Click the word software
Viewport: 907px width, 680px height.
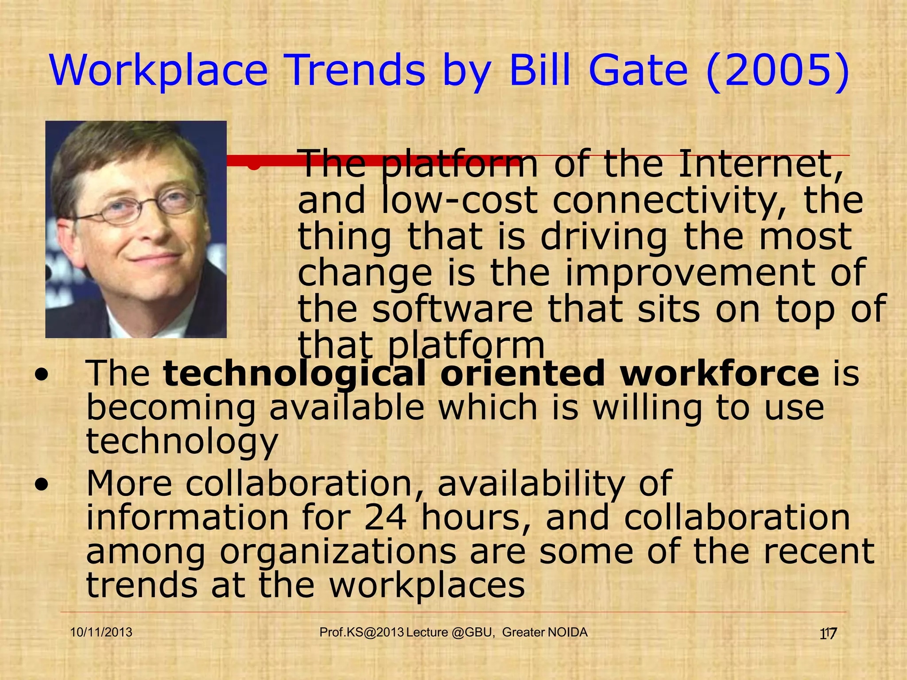(x=452, y=309)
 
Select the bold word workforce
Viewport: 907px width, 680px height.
(x=719, y=373)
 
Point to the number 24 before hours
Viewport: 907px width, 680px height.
(x=385, y=518)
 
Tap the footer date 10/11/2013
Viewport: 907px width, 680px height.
(x=101, y=632)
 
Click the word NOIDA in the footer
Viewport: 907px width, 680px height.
(x=567, y=632)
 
